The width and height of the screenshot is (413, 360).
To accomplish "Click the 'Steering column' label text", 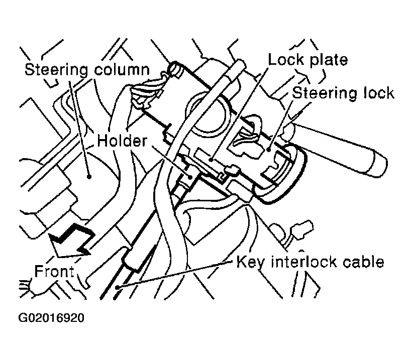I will (87, 69).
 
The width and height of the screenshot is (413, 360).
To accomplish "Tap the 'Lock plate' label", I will (307, 60).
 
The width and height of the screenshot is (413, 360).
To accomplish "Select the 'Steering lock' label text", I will (343, 93).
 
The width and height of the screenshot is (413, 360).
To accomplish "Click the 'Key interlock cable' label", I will (311, 261).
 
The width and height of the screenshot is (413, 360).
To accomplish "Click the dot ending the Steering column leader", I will (88, 176).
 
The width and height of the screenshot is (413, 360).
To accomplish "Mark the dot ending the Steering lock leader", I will (270, 149).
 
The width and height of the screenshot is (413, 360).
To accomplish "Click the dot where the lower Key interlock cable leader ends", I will (117, 287).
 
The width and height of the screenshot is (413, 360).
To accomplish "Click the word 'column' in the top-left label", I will (121, 69).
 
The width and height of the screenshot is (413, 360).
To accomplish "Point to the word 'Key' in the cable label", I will (248, 262).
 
